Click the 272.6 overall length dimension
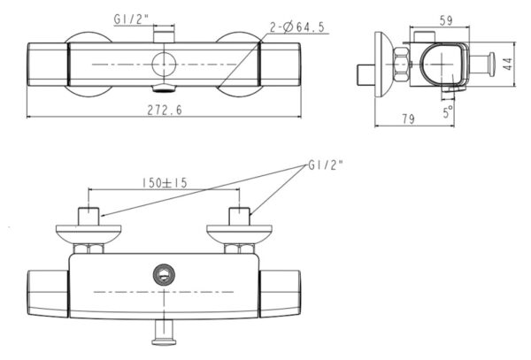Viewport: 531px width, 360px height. [165, 110]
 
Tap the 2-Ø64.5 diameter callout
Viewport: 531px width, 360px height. [297, 27]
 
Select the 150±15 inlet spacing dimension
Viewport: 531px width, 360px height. [165, 183]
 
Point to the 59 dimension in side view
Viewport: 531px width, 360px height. [446, 20]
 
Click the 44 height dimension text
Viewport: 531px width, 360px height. [507, 64]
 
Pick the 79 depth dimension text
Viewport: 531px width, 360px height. [408, 119]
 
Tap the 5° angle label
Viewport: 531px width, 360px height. [448, 111]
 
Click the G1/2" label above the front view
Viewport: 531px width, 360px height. [131, 19]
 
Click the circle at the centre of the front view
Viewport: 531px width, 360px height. [164, 65]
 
